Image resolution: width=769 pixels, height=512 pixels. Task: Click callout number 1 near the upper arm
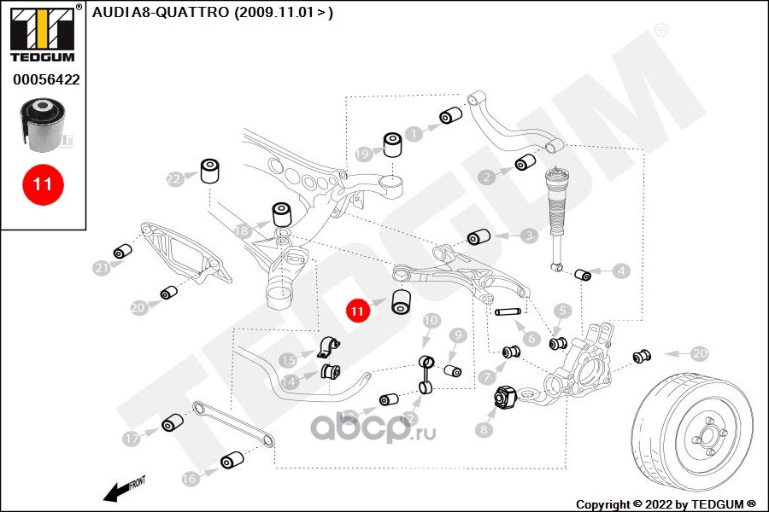[x=414, y=134]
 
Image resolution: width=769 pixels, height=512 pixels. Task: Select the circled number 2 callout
[x=486, y=177]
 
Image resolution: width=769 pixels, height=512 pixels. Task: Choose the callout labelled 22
[x=174, y=178]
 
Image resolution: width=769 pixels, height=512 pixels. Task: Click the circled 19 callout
[x=363, y=154]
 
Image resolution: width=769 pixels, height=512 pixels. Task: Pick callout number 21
[x=102, y=268]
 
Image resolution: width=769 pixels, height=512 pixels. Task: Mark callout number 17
[x=131, y=439]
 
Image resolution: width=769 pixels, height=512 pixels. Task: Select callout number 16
[x=190, y=479]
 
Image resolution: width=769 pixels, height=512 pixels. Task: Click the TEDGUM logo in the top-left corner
[x=43, y=34]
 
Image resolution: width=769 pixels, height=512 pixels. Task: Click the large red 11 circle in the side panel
[x=43, y=183]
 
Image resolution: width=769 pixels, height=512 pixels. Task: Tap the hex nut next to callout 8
[x=504, y=397]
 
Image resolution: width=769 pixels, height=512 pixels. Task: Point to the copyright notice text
[x=666, y=504]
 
